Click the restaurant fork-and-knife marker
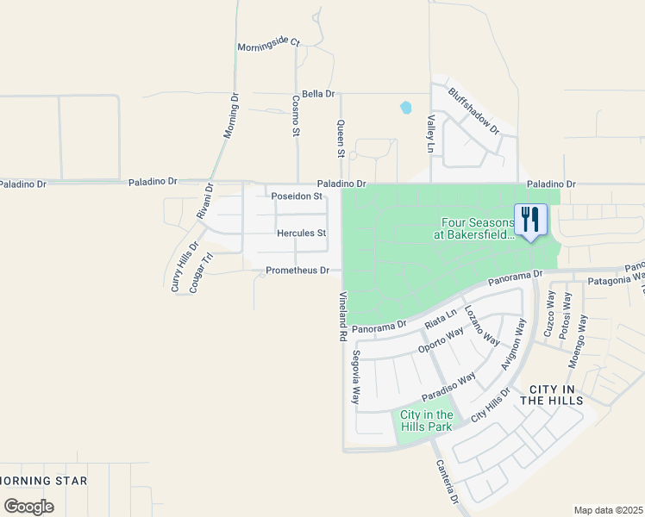530,219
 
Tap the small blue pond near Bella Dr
404,109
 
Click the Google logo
28,507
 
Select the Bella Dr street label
319,93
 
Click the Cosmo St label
295,115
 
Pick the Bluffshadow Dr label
473,109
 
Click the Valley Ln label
429,136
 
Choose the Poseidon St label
297,196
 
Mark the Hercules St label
301,234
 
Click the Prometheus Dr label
297,271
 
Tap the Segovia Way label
354,377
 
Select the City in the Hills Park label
427,420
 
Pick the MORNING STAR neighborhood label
43,480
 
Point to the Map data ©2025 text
608,510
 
